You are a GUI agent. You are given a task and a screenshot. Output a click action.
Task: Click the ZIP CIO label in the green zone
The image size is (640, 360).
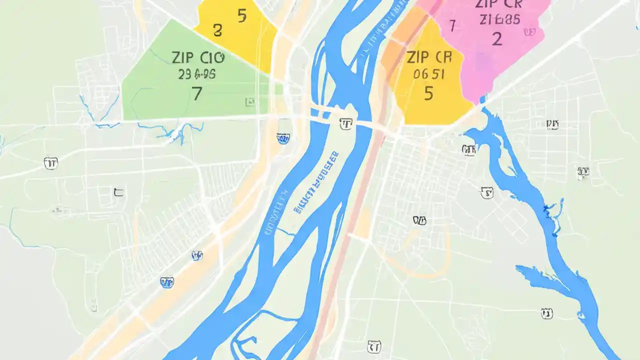(198, 57)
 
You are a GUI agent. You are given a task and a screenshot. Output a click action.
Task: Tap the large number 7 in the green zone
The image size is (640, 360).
(197, 93)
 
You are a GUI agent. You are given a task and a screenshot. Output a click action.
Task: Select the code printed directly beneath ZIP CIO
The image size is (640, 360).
(196, 74)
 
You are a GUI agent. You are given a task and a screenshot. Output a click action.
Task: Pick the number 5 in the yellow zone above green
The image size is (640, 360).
(242, 16)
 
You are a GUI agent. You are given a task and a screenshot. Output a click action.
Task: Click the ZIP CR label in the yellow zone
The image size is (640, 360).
(424, 57)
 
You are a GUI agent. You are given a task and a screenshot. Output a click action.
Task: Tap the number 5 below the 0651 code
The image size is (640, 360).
(428, 93)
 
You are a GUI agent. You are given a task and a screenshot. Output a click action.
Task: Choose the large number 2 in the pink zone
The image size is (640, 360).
(496, 38)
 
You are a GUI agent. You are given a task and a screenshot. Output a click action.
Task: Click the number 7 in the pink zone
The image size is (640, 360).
(452, 25)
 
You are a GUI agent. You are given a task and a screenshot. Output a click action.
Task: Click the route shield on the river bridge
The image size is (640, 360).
(345, 123)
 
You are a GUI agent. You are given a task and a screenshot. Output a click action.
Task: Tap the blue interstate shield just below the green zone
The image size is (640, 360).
(283, 138)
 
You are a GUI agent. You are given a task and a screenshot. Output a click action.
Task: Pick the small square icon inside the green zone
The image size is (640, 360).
(249, 102)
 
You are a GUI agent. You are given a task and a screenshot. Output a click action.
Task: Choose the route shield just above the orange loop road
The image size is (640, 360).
(419, 220)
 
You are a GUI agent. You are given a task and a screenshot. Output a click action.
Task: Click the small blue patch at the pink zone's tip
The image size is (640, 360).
(483, 99)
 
